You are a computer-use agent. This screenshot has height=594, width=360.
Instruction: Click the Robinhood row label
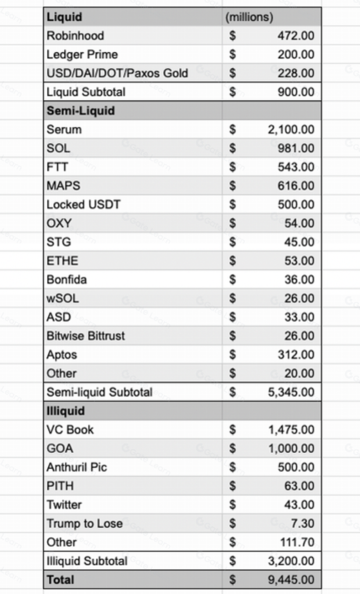pyautogui.click(x=75, y=36)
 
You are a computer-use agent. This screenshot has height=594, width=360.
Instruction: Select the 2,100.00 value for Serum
pyautogui.click(x=291, y=130)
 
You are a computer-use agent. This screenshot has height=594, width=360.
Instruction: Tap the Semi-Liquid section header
pyautogui.click(x=81, y=111)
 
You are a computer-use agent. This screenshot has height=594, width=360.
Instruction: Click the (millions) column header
pyautogui.click(x=249, y=17)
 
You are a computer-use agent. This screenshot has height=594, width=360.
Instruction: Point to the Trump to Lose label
pyautogui.click(x=84, y=523)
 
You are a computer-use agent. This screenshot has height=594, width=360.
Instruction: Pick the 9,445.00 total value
pyautogui.click(x=291, y=580)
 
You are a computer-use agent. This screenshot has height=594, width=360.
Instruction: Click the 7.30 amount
pyautogui.click(x=303, y=523)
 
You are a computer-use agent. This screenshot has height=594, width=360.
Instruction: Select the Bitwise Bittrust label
pyautogui.click(x=86, y=336)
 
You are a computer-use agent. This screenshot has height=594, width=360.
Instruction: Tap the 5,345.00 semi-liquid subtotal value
pyautogui.click(x=291, y=392)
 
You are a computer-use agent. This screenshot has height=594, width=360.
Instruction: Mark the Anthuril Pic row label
pyautogui.click(x=76, y=467)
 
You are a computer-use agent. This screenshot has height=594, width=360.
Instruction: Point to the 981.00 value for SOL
pyautogui.click(x=296, y=148)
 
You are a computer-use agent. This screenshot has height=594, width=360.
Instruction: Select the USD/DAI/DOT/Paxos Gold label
pyautogui.click(x=117, y=73)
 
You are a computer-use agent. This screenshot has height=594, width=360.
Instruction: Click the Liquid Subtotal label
pyautogui.click(x=86, y=92)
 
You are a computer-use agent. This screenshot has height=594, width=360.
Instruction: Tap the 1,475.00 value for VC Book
pyautogui.click(x=291, y=430)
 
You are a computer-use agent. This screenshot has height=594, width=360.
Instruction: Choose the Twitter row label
pyautogui.click(x=64, y=504)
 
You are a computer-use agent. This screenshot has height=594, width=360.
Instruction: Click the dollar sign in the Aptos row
pyautogui.click(x=233, y=355)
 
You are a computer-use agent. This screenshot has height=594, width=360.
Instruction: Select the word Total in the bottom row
pyautogui.click(x=60, y=580)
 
